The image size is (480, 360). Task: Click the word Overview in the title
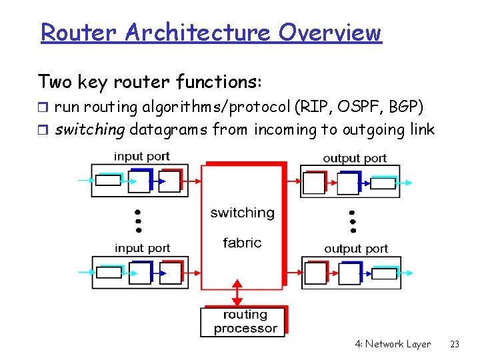330,32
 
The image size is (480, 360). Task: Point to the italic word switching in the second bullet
89,129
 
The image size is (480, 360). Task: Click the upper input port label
141,156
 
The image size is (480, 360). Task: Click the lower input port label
142,248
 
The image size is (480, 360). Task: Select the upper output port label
355,158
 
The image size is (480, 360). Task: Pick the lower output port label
355,249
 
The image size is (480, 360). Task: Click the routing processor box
244,321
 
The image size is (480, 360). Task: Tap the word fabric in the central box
242,243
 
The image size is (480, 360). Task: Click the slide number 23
455,344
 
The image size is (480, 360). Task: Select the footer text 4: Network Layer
393,344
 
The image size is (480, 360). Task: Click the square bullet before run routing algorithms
43,107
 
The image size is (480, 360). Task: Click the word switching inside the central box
242,213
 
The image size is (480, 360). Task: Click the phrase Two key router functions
150,82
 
